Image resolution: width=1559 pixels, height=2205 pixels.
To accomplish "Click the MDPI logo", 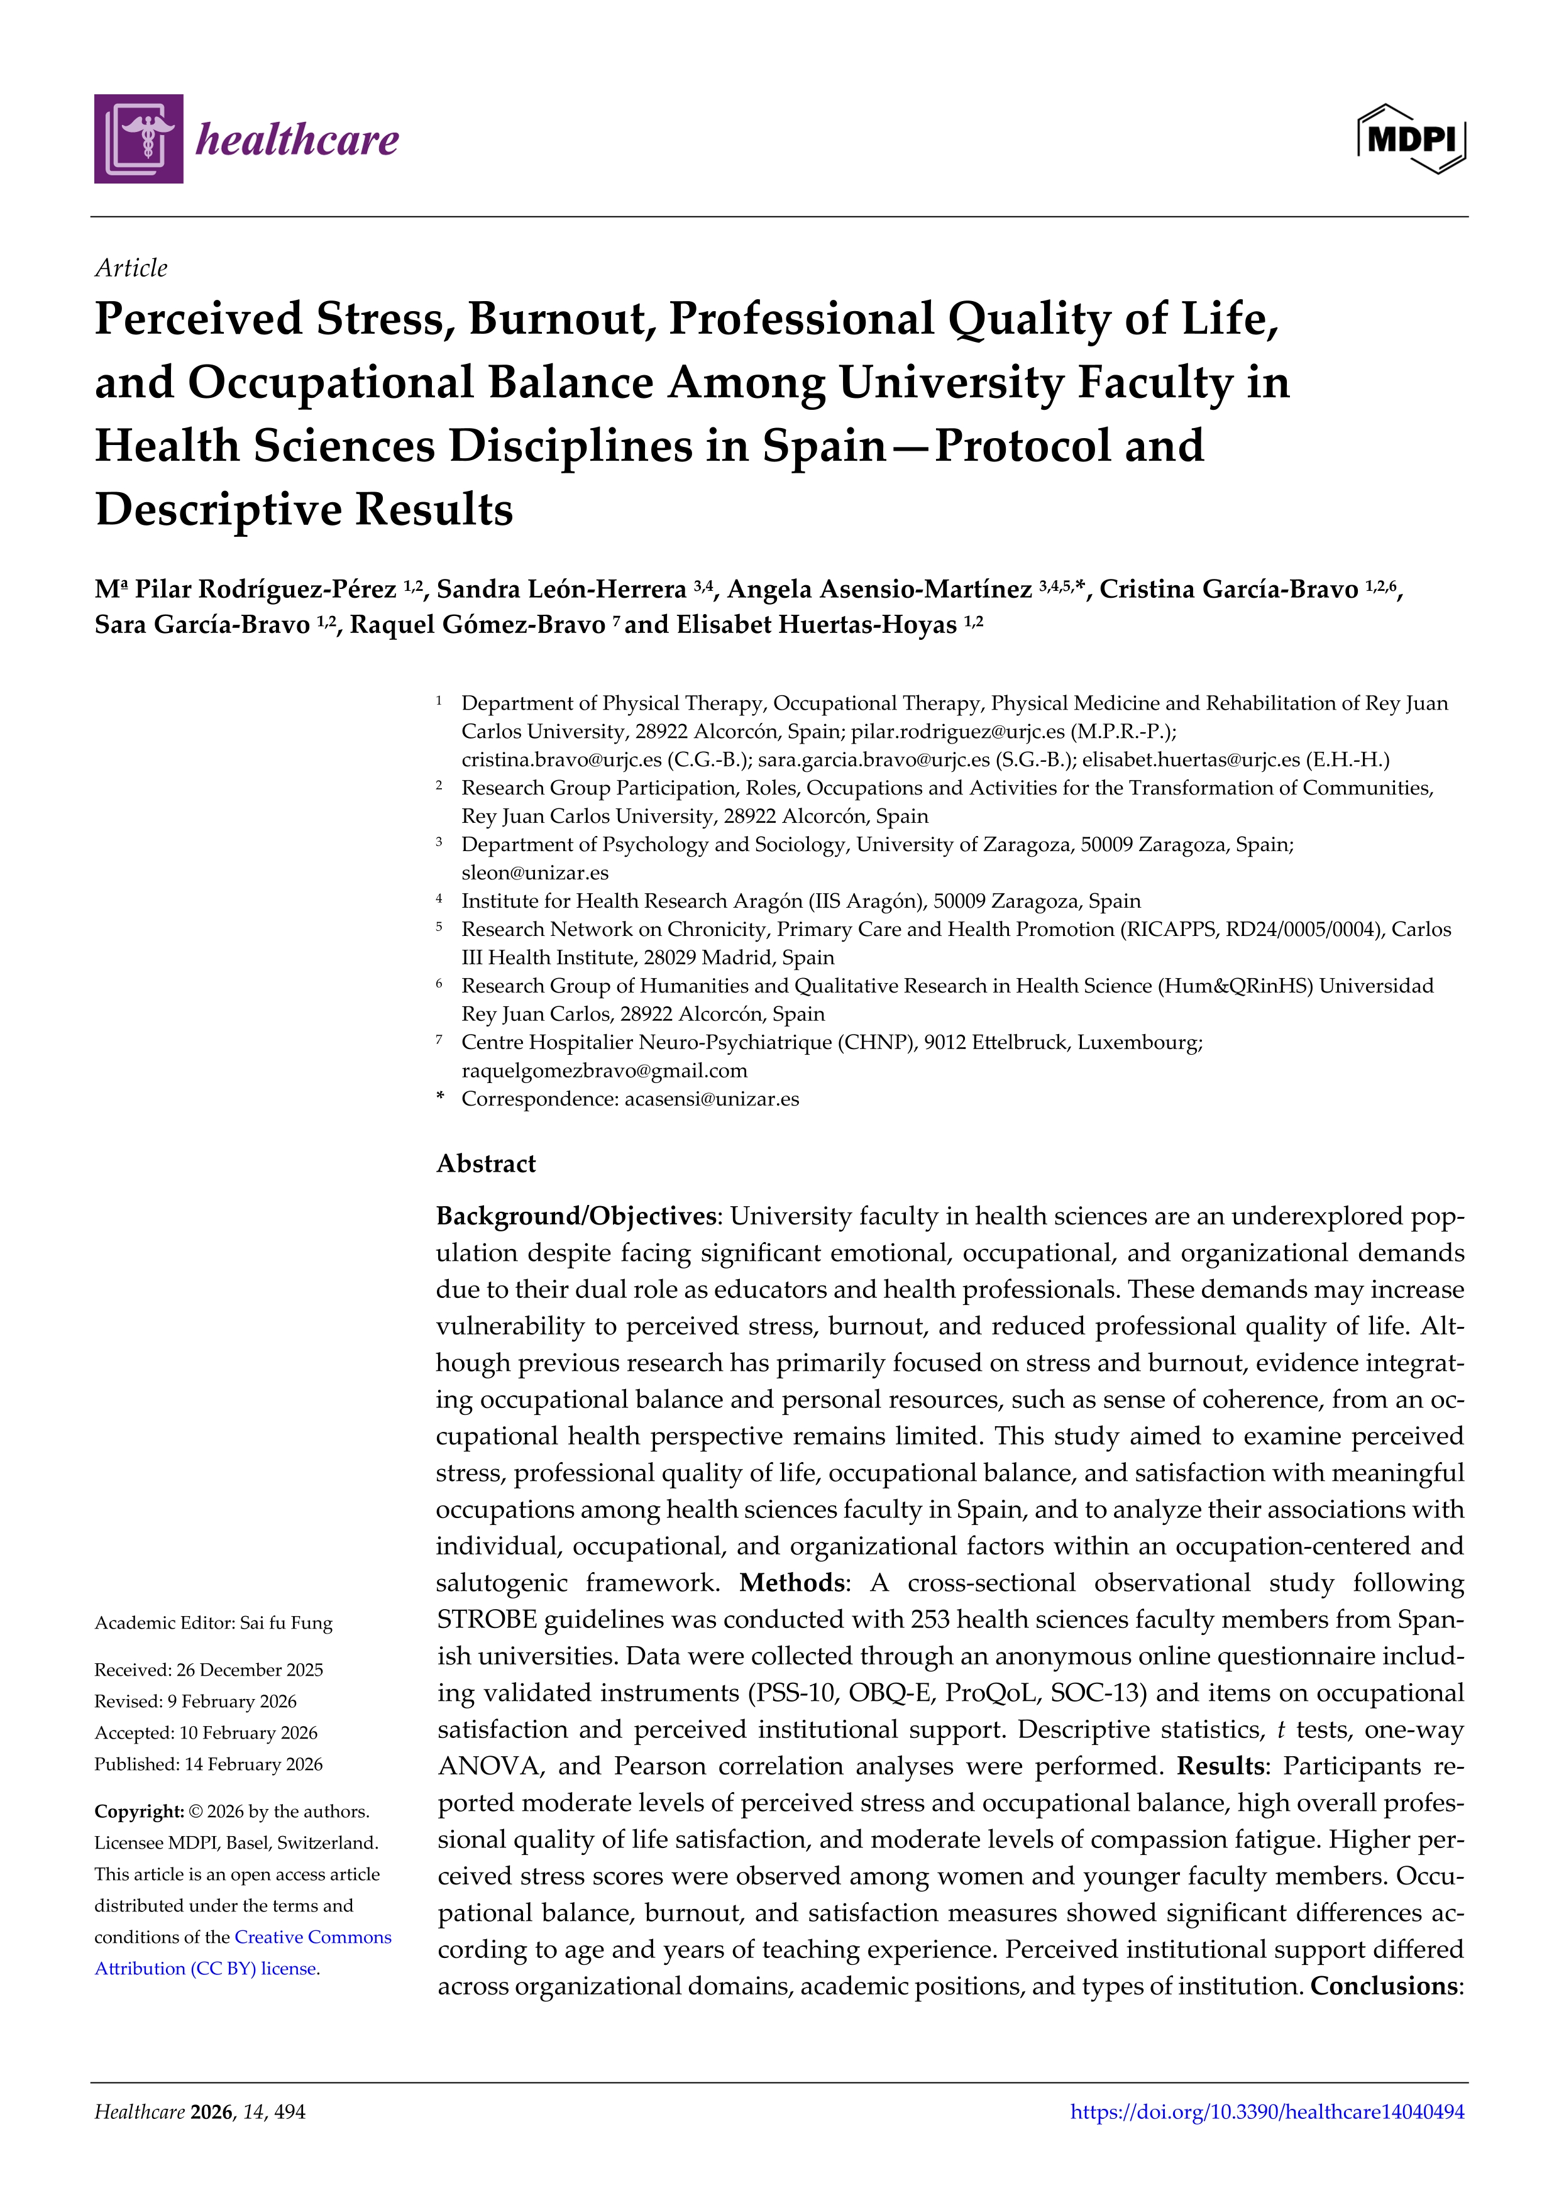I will [1410, 140].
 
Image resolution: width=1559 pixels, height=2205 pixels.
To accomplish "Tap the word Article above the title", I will [131, 268].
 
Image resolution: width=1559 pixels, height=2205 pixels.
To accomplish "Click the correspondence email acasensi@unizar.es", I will [711, 1099].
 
